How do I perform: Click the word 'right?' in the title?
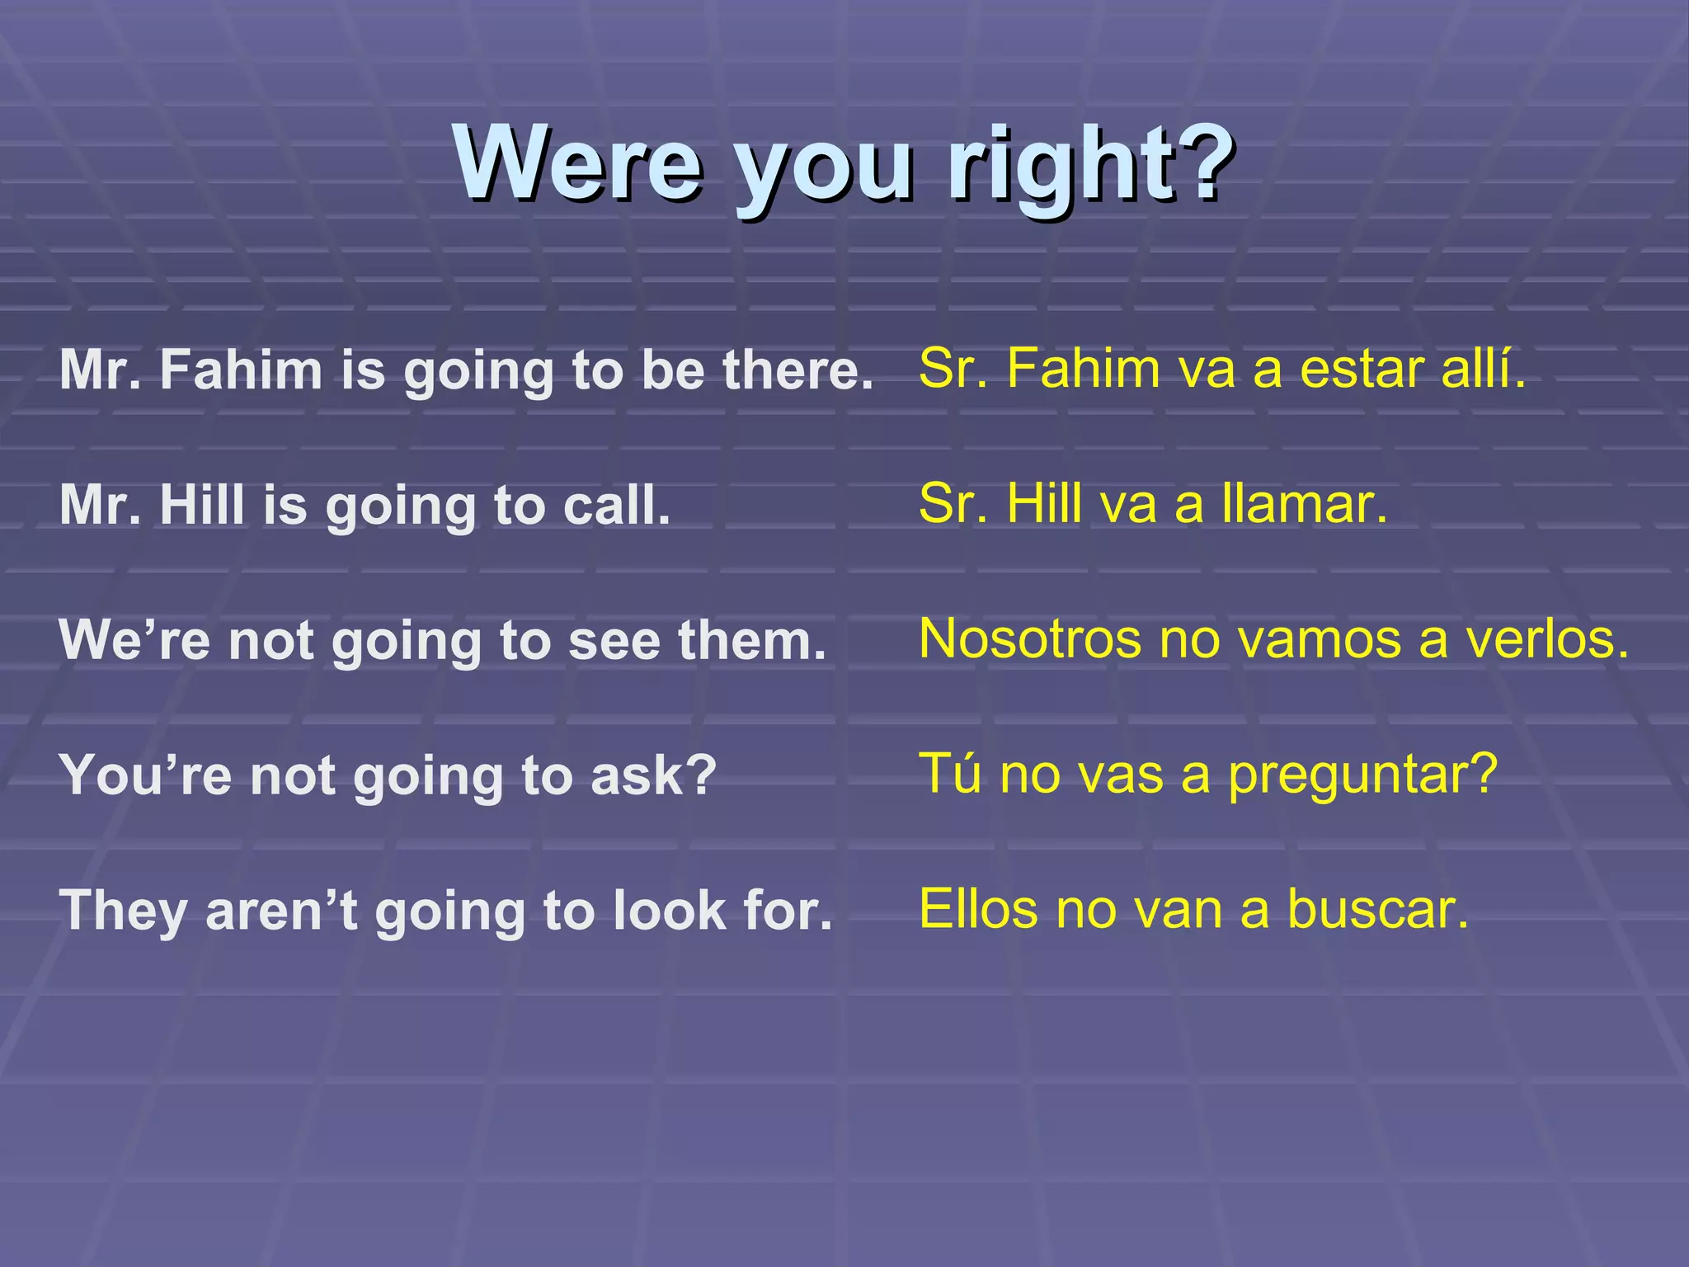pyautogui.click(x=1090, y=164)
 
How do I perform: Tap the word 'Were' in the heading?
pyautogui.click(x=578, y=164)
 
